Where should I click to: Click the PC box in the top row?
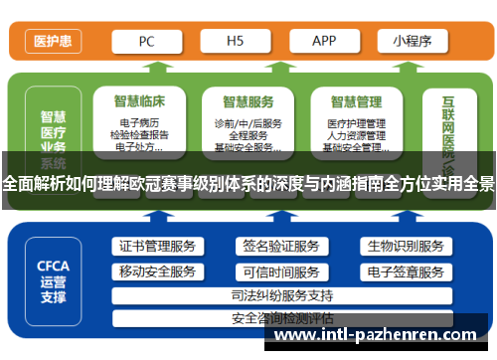(x=146, y=42)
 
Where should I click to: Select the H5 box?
(x=235, y=42)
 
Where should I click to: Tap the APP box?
(x=324, y=42)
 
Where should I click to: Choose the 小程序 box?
(x=411, y=42)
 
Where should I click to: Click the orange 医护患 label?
(x=52, y=42)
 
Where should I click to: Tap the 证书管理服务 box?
(x=157, y=246)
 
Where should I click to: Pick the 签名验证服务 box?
(x=280, y=246)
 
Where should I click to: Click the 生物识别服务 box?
(x=405, y=246)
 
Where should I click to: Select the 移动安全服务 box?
(x=157, y=271)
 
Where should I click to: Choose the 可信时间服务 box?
(x=280, y=271)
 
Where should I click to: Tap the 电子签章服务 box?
(x=405, y=271)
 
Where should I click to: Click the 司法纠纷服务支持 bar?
(x=280, y=295)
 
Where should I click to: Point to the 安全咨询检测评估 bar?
(x=280, y=318)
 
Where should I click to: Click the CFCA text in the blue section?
(x=53, y=266)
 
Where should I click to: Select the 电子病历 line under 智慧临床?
(x=138, y=123)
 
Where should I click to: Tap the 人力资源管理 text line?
(x=356, y=135)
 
